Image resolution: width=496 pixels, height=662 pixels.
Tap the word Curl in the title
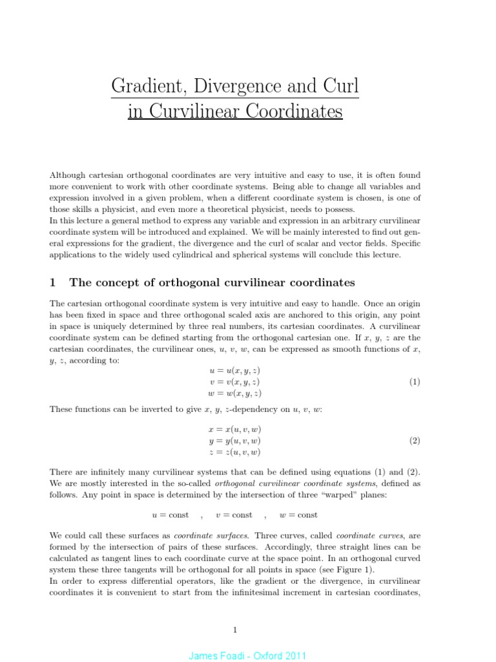(340, 86)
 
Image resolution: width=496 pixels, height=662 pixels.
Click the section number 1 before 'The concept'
(54, 283)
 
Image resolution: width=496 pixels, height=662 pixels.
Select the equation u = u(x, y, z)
(234, 370)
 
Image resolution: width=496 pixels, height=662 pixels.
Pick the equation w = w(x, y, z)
(234, 393)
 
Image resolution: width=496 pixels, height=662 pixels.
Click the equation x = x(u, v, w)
(234, 429)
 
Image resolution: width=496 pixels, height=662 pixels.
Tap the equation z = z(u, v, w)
(234, 452)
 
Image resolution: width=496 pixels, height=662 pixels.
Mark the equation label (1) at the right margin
(415, 382)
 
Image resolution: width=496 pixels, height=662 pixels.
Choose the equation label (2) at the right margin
(415, 441)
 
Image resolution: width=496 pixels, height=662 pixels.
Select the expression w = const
(298, 515)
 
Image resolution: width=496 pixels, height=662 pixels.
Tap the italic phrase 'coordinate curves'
(364, 535)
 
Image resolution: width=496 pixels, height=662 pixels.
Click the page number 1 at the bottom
(236, 629)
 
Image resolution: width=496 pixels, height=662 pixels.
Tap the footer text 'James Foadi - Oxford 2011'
(247, 656)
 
